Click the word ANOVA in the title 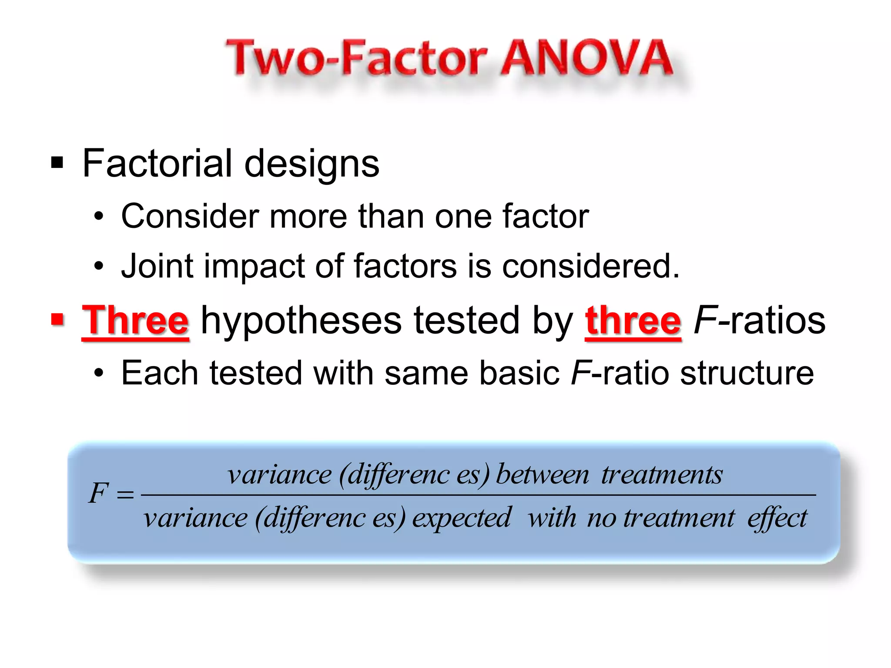[x=586, y=58]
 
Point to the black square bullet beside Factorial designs [x=57, y=163]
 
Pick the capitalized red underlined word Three [x=135, y=321]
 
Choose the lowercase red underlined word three [x=633, y=321]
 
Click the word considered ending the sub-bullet [x=590, y=266]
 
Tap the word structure [x=747, y=373]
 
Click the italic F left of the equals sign [x=98, y=494]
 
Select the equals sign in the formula [x=125, y=494]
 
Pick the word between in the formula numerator [x=543, y=474]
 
